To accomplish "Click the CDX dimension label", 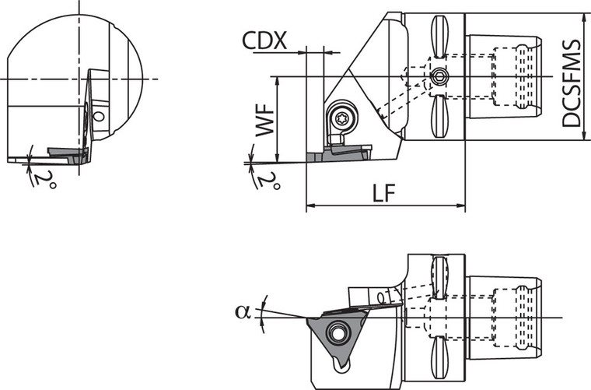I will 264,40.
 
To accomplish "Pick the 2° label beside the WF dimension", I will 269,181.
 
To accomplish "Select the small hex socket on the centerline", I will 440,76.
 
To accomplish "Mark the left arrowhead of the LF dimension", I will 309,207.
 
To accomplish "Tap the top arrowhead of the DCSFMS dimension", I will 583,16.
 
